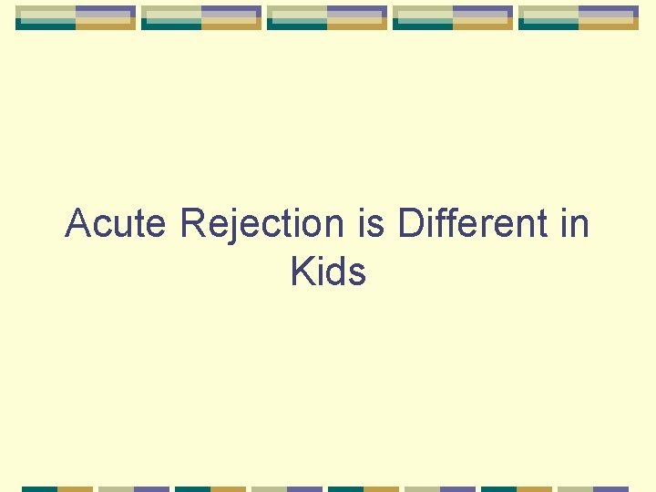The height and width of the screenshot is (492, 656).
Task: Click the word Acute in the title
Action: coord(118,223)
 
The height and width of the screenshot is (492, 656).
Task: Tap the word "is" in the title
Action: coord(371,223)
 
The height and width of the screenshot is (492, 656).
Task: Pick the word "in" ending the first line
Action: coord(575,223)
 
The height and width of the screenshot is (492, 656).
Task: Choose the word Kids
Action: coord(328,272)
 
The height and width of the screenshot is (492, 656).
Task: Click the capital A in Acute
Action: coord(78,223)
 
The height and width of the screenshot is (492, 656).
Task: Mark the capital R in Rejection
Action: coord(193,223)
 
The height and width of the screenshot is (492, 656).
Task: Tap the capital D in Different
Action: coord(410,223)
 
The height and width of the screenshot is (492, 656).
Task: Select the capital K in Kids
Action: coord(302,272)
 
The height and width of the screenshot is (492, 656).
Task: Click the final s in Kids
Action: coord(357,273)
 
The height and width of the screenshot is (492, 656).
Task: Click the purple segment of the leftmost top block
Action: coord(106,11)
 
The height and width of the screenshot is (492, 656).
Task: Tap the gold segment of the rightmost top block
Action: coord(609,25)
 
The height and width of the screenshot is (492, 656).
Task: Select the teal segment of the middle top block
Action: coord(297,26)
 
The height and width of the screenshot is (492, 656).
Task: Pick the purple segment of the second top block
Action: coord(231,11)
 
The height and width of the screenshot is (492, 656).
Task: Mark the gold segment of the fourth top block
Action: coord(483,25)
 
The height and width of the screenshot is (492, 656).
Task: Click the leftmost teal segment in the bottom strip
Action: coord(39,488)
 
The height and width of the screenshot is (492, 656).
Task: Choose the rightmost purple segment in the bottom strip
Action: coord(611,488)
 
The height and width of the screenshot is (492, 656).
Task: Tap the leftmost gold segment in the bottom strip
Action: coord(76,488)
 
